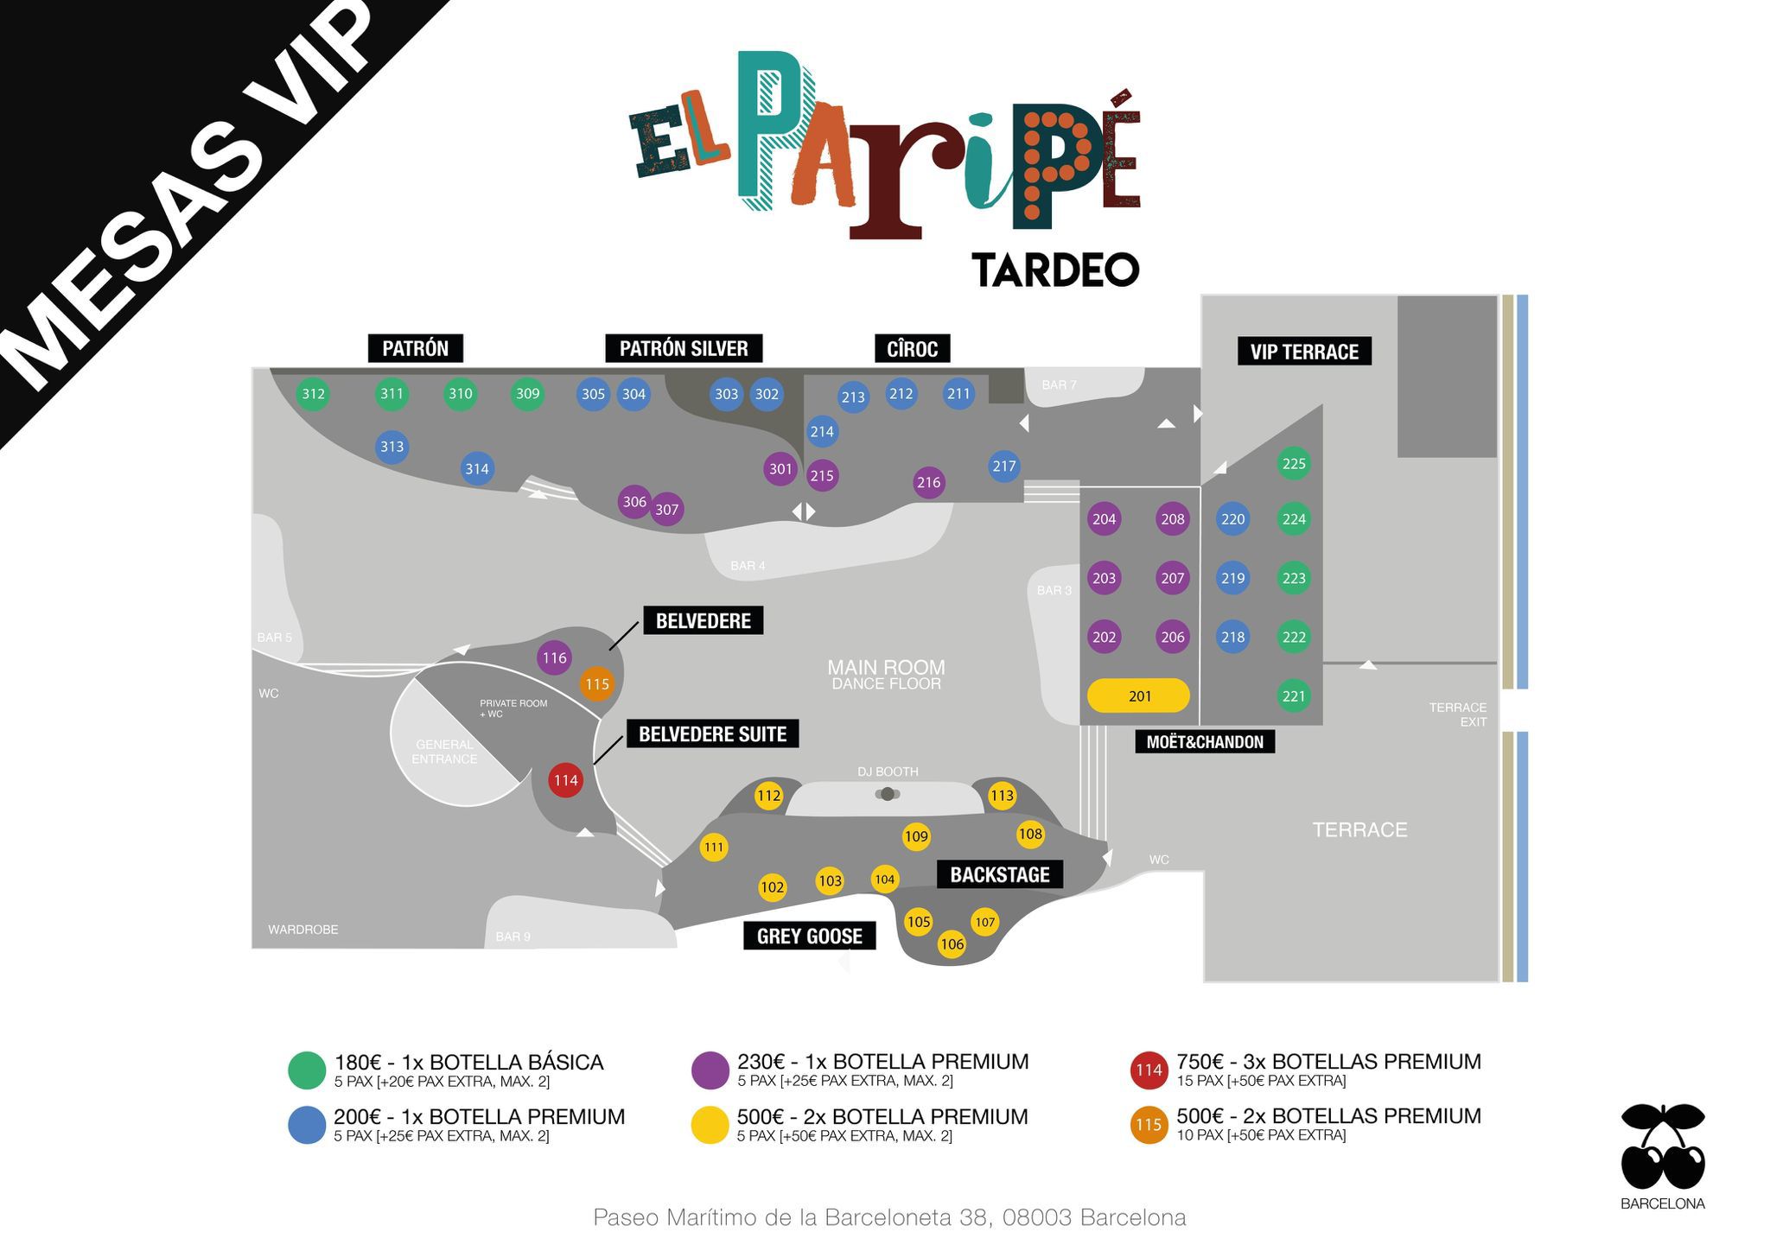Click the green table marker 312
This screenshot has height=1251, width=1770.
click(313, 394)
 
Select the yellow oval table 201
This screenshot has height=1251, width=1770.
click(1138, 695)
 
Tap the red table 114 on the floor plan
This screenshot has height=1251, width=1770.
click(565, 780)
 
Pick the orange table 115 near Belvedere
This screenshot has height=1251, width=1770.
click(596, 684)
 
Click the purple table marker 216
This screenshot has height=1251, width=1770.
click(928, 482)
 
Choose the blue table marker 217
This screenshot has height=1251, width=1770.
click(1003, 466)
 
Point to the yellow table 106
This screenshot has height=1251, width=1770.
click(952, 944)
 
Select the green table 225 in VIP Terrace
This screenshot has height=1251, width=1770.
click(1293, 464)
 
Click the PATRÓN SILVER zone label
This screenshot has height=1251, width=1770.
click(683, 348)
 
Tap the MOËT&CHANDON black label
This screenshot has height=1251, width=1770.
click(1204, 741)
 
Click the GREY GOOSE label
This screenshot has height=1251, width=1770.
click(809, 936)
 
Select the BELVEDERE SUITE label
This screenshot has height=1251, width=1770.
click(712, 734)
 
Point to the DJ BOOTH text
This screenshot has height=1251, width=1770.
click(888, 772)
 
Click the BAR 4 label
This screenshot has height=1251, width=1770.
click(748, 566)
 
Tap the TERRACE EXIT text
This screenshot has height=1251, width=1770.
click(1457, 714)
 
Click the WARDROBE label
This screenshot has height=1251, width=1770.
click(302, 930)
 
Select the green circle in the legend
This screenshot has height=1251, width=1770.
click(306, 1070)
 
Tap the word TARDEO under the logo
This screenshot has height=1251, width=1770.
click(1055, 270)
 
